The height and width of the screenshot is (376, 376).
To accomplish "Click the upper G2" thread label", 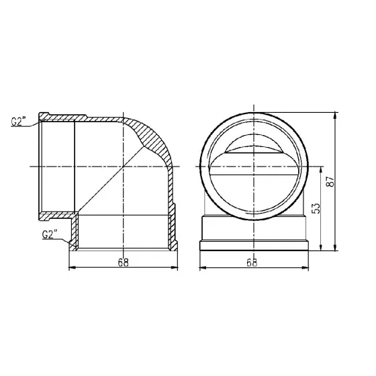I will pos(21,122).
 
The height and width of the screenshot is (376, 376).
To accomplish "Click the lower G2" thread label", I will pos(50,234).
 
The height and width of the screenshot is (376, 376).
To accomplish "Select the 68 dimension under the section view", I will pos(124,263).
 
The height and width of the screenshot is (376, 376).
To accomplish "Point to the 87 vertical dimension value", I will pos(329,181).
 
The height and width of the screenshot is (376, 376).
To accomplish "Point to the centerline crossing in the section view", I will pos(124,164).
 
